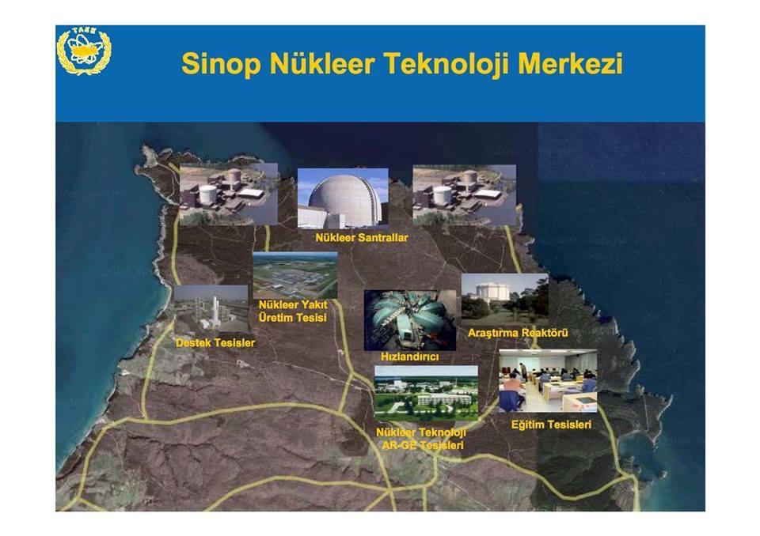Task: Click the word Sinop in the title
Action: [x=222, y=64]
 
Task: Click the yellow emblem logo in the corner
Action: [x=84, y=51]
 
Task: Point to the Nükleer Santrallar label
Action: [x=362, y=238]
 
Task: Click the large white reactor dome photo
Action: [x=343, y=198]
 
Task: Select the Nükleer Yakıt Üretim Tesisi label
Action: [x=293, y=311]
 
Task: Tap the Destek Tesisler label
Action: [x=215, y=343]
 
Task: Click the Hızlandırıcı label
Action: [x=409, y=357]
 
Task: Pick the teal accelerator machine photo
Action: [x=410, y=320]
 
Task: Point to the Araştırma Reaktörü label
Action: [x=518, y=333]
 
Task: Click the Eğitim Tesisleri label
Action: [x=551, y=425]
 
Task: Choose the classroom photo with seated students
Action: [x=548, y=380]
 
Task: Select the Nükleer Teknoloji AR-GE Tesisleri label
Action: [x=421, y=439]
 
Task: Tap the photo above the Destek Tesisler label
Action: [x=211, y=309]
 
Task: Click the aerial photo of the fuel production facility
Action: [x=295, y=275]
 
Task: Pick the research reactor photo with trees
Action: [x=504, y=300]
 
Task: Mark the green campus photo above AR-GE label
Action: [x=426, y=393]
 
